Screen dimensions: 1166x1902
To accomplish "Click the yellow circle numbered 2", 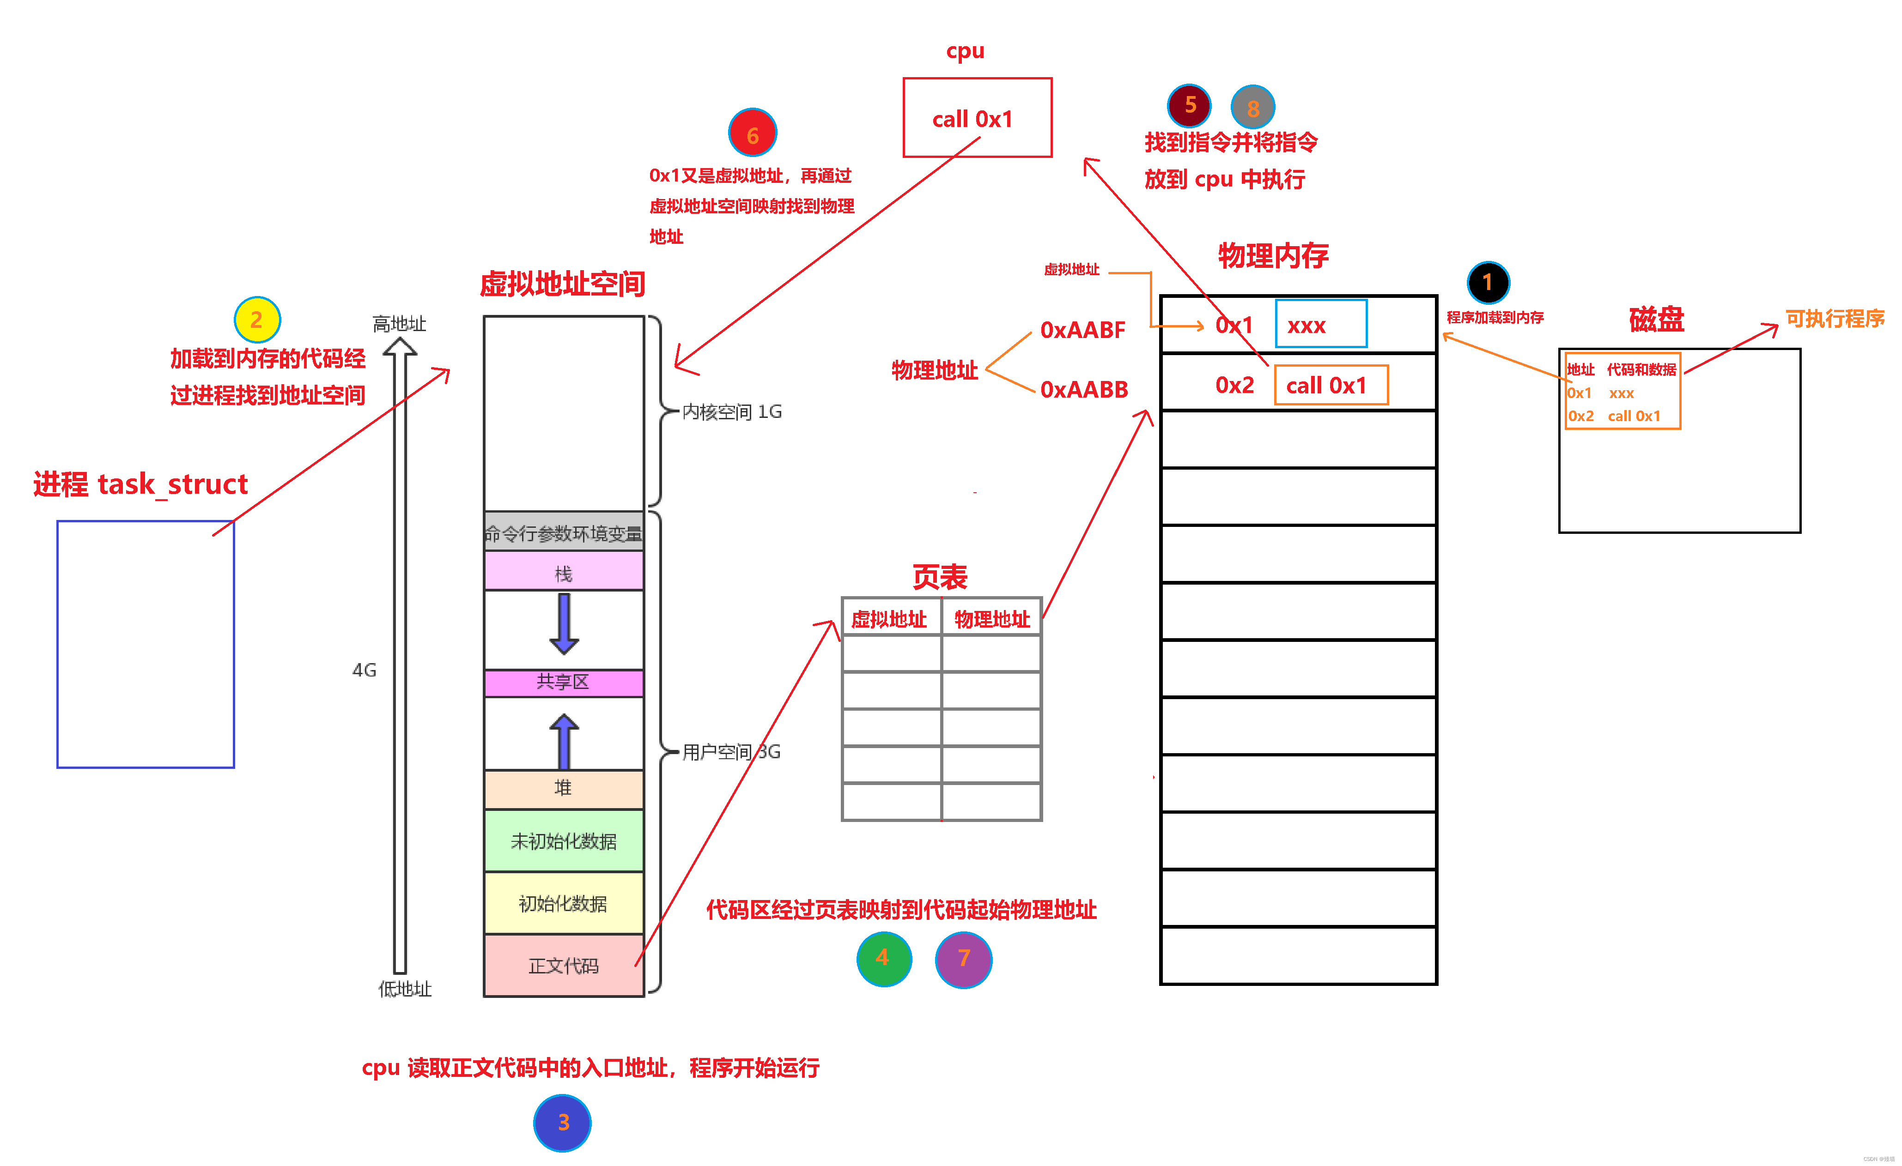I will pyautogui.click(x=257, y=320).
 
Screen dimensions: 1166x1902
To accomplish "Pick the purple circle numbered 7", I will pyautogui.click(x=963, y=959).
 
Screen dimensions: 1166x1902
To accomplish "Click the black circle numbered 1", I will pyautogui.click(x=1488, y=283).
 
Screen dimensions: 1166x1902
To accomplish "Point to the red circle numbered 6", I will pyautogui.click(x=753, y=133).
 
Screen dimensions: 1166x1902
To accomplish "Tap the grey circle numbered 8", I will pyautogui.click(x=1252, y=107).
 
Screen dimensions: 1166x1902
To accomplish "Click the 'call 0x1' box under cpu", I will pyautogui.click(x=977, y=118).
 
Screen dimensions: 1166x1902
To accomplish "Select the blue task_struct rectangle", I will pyautogui.click(x=146, y=644).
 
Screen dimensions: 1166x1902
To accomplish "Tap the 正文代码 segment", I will pyautogui.click(x=564, y=966).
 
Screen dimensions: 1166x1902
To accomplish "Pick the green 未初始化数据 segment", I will pyautogui.click(x=564, y=840).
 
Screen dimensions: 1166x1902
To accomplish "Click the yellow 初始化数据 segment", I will pyautogui.click(x=564, y=903).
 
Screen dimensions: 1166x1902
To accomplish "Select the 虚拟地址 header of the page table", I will pyautogui.click(x=889, y=619).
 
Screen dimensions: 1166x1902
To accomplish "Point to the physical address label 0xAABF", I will pyautogui.click(x=1082, y=330).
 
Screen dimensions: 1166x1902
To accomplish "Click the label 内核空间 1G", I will pyautogui.click(x=732, y=412).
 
